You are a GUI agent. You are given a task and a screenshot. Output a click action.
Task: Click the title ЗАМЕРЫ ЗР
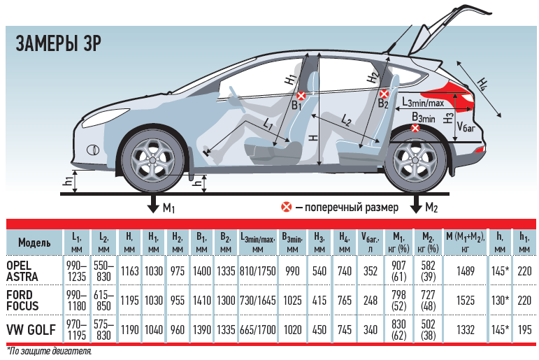[x=59, y=43]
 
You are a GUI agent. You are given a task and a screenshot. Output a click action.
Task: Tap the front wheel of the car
[x=152, y=161]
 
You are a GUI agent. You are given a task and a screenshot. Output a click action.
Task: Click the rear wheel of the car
[x=415, y=161]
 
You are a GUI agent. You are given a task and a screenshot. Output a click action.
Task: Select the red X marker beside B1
[x=301, y=96]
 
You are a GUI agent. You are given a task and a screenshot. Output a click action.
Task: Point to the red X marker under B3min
[x=415, y=128]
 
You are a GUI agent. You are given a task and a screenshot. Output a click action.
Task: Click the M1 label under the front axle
[x=168, y=208]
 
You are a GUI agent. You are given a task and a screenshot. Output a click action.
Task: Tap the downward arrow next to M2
[x=416, y=203]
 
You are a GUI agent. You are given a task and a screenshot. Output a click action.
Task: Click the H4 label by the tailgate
[x=482, y=84]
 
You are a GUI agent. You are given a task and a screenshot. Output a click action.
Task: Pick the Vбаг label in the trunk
[x=466, y=127]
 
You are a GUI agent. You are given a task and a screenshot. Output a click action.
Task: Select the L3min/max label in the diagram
[x=423, y=102]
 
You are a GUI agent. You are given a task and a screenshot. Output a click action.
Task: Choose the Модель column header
[x=34, y=243]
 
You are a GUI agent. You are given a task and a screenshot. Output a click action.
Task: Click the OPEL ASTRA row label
[x=22, y=271]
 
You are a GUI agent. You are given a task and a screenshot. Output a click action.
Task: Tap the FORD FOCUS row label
[x=22, y=300]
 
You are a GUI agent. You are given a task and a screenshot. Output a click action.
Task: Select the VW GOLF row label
[x=31, y=330]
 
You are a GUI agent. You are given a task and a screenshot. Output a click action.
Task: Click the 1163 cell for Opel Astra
[x=129, y=271]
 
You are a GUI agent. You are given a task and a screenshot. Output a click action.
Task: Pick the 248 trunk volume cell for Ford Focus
[x=371, y=300]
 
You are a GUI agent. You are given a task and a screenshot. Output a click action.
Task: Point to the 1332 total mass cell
[x=466, y=330]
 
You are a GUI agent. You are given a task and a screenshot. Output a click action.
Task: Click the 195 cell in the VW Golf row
[x=524, y=330]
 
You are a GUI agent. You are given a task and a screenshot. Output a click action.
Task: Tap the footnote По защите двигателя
[x=49, y=352]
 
